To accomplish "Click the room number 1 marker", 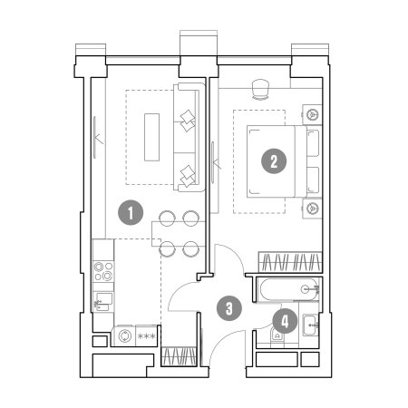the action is [131, 213].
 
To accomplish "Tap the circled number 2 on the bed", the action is [274, 161].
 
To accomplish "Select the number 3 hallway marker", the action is [229, 308].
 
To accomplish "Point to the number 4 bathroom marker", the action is [285, 321].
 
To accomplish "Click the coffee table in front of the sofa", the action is [151, 137].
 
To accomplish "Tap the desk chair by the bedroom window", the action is [260, 89].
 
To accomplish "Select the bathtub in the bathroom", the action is [289, 289].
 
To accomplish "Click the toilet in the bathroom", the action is [277, 336].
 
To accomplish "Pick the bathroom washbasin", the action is [311, 325].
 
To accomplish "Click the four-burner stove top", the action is [103, 271].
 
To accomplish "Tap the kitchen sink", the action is [103, 302].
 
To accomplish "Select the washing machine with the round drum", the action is [125, 335].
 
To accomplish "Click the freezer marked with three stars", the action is [146, 335].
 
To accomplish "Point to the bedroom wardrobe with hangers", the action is [290, 262].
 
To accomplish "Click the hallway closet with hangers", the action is [179, 356].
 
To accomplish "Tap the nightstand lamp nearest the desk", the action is [313, 114].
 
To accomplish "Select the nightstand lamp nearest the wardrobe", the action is [313, 208].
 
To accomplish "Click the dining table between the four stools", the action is [179, 234].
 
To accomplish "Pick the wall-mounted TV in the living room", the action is [95, 138].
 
